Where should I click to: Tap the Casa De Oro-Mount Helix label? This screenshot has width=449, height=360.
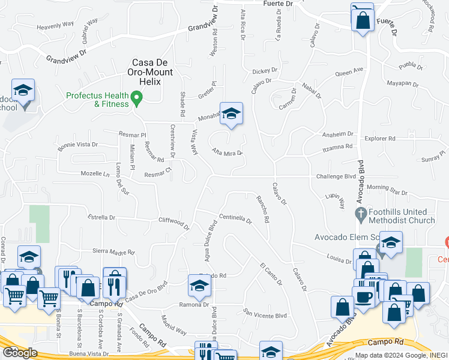tap(152, 67)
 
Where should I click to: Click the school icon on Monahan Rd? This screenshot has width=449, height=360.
tap(231, 113)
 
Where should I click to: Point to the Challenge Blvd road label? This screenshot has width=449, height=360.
tap(337, 176)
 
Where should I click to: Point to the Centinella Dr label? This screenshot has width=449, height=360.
tap(235, 218)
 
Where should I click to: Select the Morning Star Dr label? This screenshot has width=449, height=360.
tap(387, 190)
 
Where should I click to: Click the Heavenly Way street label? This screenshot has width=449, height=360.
tap(55, 26)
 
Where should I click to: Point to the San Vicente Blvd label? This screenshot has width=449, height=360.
tap(265, 313)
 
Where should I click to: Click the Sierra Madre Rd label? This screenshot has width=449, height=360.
tap(113, 253)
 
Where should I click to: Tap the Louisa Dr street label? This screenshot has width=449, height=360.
tap(339, 260)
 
